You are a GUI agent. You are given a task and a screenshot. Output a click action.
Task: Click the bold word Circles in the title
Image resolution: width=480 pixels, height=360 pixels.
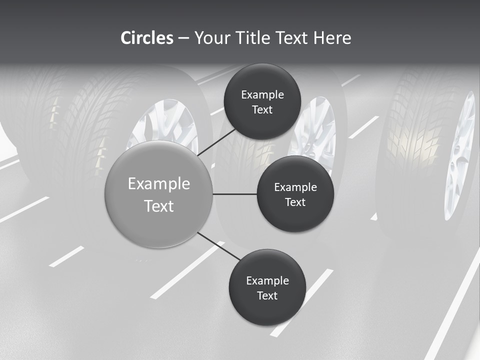click(147, 38)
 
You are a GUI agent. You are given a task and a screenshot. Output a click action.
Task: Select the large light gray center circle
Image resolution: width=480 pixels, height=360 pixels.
click(159, 194)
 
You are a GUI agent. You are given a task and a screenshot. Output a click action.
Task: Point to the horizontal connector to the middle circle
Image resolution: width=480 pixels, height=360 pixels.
click(235, 194)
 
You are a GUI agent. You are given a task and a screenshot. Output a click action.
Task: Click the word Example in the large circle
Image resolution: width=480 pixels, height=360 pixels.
click(159, 184)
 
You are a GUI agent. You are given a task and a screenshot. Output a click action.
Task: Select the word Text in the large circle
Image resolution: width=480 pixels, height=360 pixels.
click(159, 206)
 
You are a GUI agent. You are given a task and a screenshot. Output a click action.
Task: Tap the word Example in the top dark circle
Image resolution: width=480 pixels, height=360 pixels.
click(262, 95)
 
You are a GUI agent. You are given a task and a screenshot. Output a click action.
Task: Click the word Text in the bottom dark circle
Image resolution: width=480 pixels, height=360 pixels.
click(267, 295)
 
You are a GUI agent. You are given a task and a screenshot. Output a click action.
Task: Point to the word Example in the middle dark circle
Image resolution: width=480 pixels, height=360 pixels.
click(295, 187)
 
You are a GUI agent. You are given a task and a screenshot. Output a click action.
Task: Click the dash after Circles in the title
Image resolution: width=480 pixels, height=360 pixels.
click(183, 38)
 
